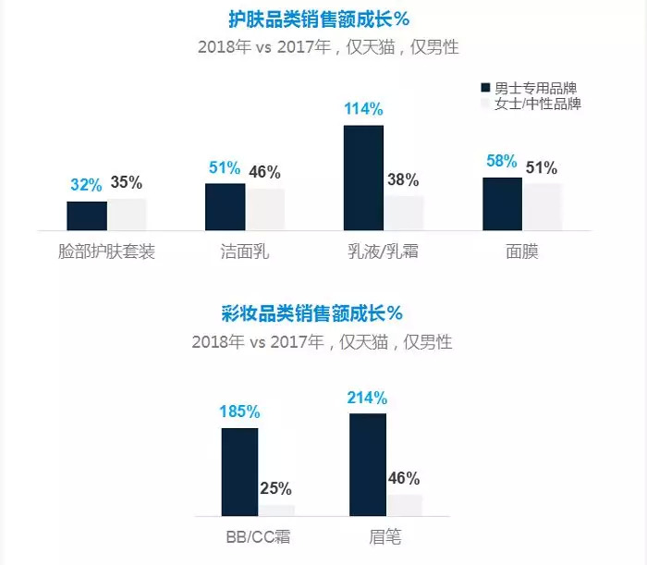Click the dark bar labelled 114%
coord(363,178)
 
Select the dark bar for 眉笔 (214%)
coord(368,464)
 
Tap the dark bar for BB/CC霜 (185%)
coord(239,472)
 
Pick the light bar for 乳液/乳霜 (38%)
coord(404,213)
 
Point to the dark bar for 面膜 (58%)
coord(502,203)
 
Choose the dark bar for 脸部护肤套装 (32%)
coord(86,215)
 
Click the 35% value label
coord(127,183)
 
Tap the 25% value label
coord(275,488)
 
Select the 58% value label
coord(502,161)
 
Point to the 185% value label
coord(238,411)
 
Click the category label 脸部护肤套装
coord(106,252)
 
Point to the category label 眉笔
coord(385,537)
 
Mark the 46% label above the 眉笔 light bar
coord(404,478)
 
